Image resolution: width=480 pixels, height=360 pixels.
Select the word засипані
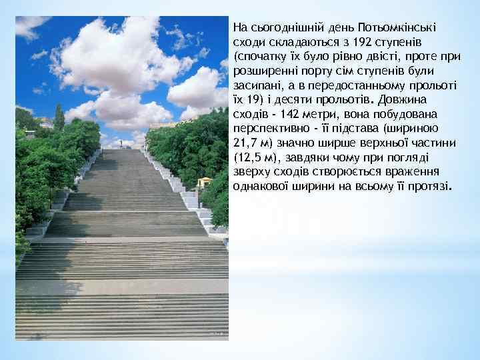coord(255,88)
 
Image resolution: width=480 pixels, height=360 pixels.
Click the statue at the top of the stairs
coord(121,143)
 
